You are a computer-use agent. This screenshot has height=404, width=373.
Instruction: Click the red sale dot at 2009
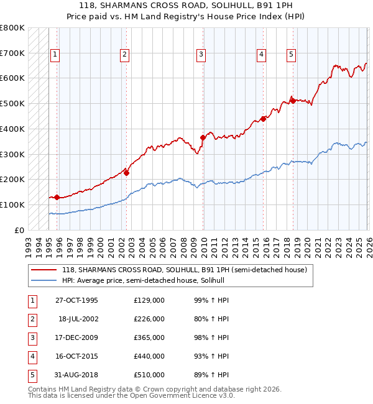[203, 137]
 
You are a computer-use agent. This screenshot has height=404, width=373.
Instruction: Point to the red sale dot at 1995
[57, 197]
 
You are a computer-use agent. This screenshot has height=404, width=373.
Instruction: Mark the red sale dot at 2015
[263, 118]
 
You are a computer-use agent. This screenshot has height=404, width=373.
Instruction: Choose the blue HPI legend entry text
[147, 281]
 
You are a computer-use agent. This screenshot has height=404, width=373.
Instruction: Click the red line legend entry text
[184, 270]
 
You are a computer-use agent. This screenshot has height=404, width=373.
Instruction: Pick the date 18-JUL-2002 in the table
[78, 319]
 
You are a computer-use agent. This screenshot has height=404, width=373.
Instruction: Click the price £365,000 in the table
[149, 337]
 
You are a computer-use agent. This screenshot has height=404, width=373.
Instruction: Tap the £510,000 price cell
[149, 375]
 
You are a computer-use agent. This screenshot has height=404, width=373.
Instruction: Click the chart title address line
[186, 5]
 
